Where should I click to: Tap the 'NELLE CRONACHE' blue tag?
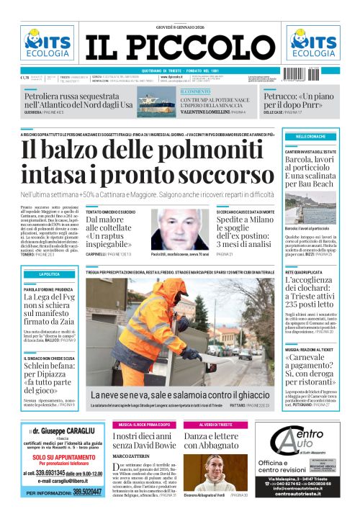click(311, 136)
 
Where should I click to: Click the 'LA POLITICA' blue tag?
click(50, 274)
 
